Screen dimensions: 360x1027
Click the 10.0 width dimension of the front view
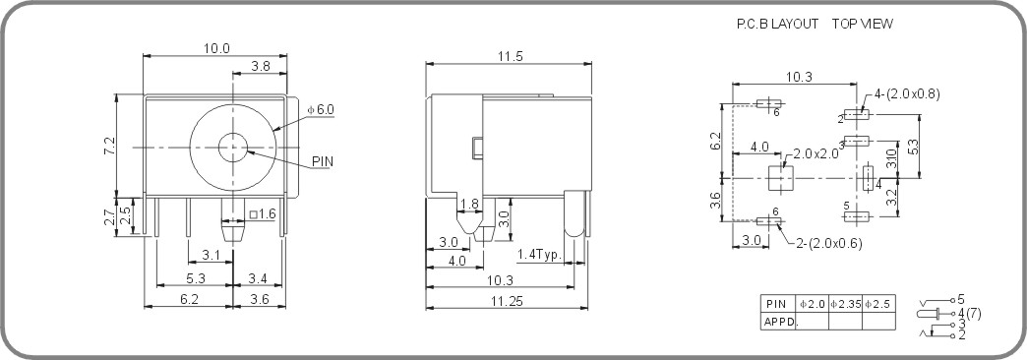(216, 48)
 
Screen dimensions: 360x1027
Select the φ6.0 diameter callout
(321, 108)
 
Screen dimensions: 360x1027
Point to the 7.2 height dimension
(110, 145)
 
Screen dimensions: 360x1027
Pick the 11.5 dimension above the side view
(509, 57)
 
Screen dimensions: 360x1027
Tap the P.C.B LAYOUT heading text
(777, 24)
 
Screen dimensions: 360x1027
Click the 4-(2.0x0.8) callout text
(907, 94)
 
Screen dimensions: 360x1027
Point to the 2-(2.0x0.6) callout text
(828, 244)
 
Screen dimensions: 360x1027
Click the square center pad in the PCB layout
(780, 178)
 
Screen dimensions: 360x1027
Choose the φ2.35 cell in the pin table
(845, 304)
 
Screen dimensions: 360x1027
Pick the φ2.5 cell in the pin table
(878, 304)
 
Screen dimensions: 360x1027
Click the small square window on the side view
(477, 148)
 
